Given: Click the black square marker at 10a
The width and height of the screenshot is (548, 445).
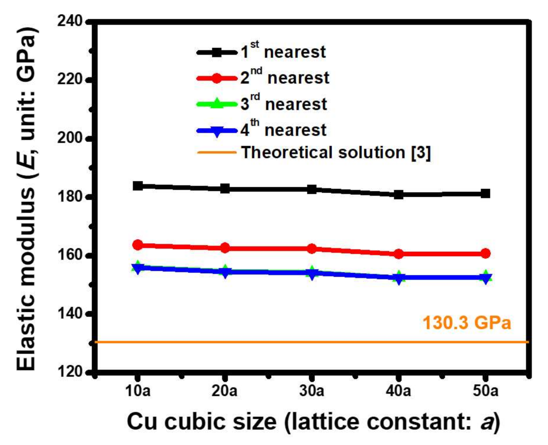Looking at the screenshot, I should pos(138,186).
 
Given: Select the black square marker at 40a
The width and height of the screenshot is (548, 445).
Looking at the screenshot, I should pos(398,194).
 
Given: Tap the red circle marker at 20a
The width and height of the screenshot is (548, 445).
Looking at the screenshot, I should pos(225,248).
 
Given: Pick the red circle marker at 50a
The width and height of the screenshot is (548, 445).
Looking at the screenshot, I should pos(486,253).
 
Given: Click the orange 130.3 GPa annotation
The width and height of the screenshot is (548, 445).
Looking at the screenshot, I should pos(466,323).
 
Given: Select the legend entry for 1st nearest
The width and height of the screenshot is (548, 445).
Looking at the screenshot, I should pos(283,52).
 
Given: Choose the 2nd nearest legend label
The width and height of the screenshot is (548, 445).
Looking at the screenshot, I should pos(285,78).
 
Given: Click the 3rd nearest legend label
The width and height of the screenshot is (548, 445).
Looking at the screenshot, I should pos(284,104).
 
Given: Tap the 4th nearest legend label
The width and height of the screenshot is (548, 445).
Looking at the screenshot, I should pos(283,130).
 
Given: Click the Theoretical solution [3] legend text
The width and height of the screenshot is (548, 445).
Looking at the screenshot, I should pos(336,152).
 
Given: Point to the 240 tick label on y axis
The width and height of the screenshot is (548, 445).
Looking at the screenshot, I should pos(70,21).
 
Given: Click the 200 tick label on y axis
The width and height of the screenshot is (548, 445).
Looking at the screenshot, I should pos(70,138).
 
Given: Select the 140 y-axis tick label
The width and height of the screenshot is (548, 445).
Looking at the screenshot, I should pos(70,313).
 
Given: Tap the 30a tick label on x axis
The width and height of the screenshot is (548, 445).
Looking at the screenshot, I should pos(312,391).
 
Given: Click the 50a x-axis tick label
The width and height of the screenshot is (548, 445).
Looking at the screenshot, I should pos(486,391).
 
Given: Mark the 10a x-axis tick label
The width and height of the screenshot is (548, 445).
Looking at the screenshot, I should pos(138,391).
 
